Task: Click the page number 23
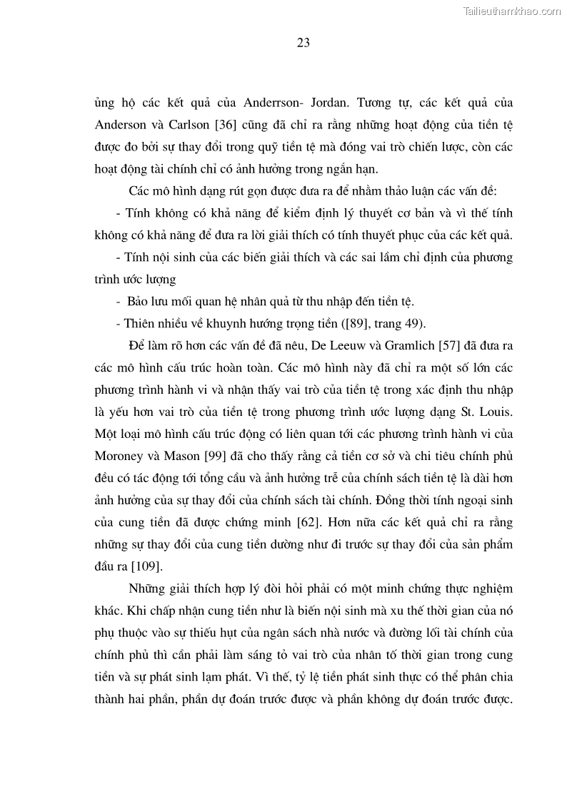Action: (303, 43)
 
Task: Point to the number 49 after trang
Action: (414, 322)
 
